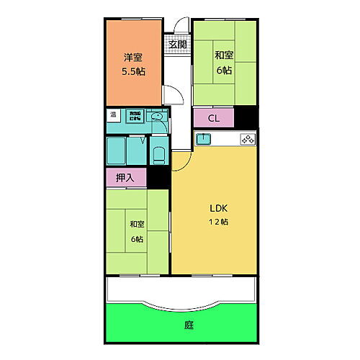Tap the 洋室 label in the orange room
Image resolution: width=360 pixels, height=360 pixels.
(131, 58)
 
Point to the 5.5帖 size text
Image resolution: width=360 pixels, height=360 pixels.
(131, 71)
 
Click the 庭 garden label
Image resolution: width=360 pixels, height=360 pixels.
(188, 325)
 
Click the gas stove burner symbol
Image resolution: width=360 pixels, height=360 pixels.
(248, 140)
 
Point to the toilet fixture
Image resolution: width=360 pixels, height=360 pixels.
(161, 153)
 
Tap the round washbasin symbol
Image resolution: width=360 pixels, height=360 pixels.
(158, 116)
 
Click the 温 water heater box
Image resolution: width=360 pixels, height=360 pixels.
(113, 114)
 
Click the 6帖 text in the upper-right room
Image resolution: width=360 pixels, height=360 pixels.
(223, 71)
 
